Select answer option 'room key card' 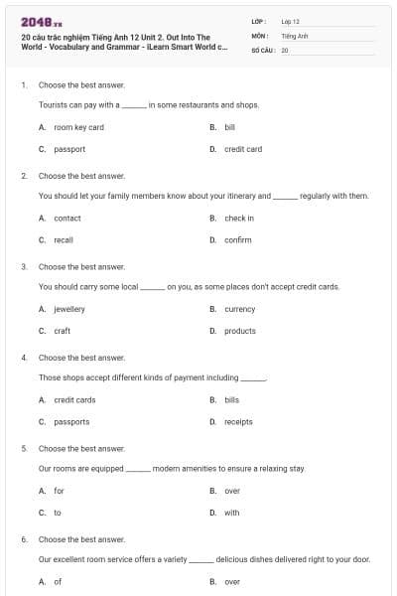(78, 127)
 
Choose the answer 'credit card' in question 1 (242, 149)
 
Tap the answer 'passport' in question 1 (69, 149)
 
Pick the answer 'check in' (238, 218)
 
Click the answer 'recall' (64, 239)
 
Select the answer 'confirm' (237, 239)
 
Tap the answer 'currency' (239, 309)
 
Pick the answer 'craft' (62, 331)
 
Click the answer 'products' (239, 331)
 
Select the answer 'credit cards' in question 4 (74, 399)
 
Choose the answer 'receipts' (238, 421)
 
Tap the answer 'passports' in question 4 (71, 421)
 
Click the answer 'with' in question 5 (231, 513)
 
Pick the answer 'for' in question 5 (59, 491)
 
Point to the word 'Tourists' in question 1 (54, 103)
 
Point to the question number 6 (24, 539)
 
